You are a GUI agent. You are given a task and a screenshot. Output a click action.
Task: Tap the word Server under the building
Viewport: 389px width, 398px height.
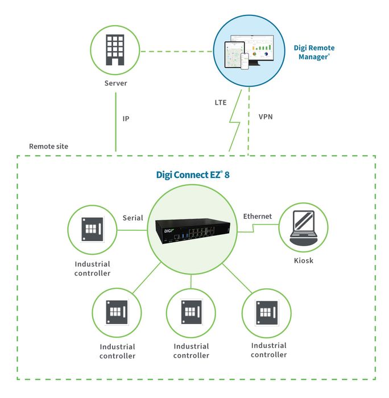click(x=115, y=84)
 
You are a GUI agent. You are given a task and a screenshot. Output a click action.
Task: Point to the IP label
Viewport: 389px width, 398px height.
click(x=126, y=119)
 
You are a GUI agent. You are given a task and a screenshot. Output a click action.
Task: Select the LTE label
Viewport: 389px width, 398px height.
click(x=220, y=103)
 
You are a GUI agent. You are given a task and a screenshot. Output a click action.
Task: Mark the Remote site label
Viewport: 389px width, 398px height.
click(x=48, y=146)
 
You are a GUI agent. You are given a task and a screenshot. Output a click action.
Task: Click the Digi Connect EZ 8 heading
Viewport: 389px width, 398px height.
click(x=193, y=175)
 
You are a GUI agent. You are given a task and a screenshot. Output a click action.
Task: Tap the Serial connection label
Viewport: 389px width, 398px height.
click(x=133, y=218)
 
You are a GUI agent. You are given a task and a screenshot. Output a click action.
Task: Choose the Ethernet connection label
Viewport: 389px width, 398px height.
click(x=258, y=216)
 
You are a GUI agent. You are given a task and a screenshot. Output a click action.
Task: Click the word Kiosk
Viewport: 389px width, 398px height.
click(x=303, y=260)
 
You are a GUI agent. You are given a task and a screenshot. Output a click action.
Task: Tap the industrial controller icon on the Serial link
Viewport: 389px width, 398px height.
click(x=92, y=229)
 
